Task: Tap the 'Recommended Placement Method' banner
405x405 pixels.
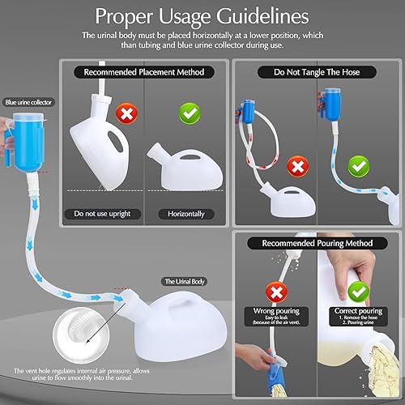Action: (x=149, y=71)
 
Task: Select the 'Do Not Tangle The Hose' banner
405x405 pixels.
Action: (x=317, y=71)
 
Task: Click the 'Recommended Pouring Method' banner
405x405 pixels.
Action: (x=317, y=242)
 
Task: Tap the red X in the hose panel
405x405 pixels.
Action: (x=296, y=168)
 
